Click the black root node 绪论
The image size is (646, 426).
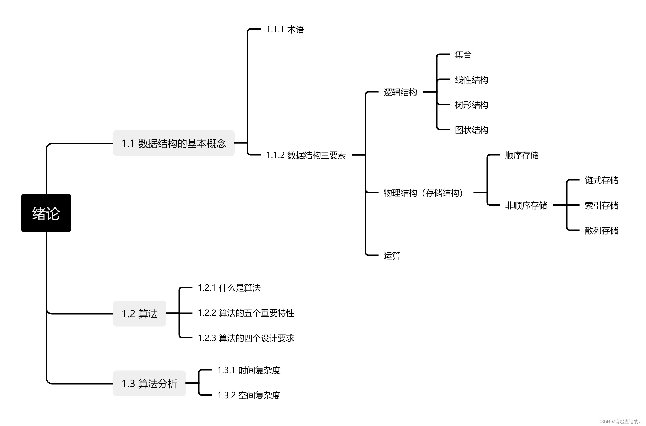46,213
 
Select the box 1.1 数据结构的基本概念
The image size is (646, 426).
174,143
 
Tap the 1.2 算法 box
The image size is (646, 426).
139,314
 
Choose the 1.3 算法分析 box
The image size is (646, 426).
149,383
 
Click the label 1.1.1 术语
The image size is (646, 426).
285,29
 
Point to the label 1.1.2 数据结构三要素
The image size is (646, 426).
306,155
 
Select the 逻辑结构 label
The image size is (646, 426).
400,92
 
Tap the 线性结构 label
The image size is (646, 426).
471,80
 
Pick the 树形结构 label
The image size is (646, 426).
471,105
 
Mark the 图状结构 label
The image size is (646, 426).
471,130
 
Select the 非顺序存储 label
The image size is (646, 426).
526,205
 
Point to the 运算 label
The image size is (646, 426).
392,256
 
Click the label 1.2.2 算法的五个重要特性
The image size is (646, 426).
246,313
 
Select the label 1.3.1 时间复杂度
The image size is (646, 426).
248,370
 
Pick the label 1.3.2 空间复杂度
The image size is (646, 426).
248,395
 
